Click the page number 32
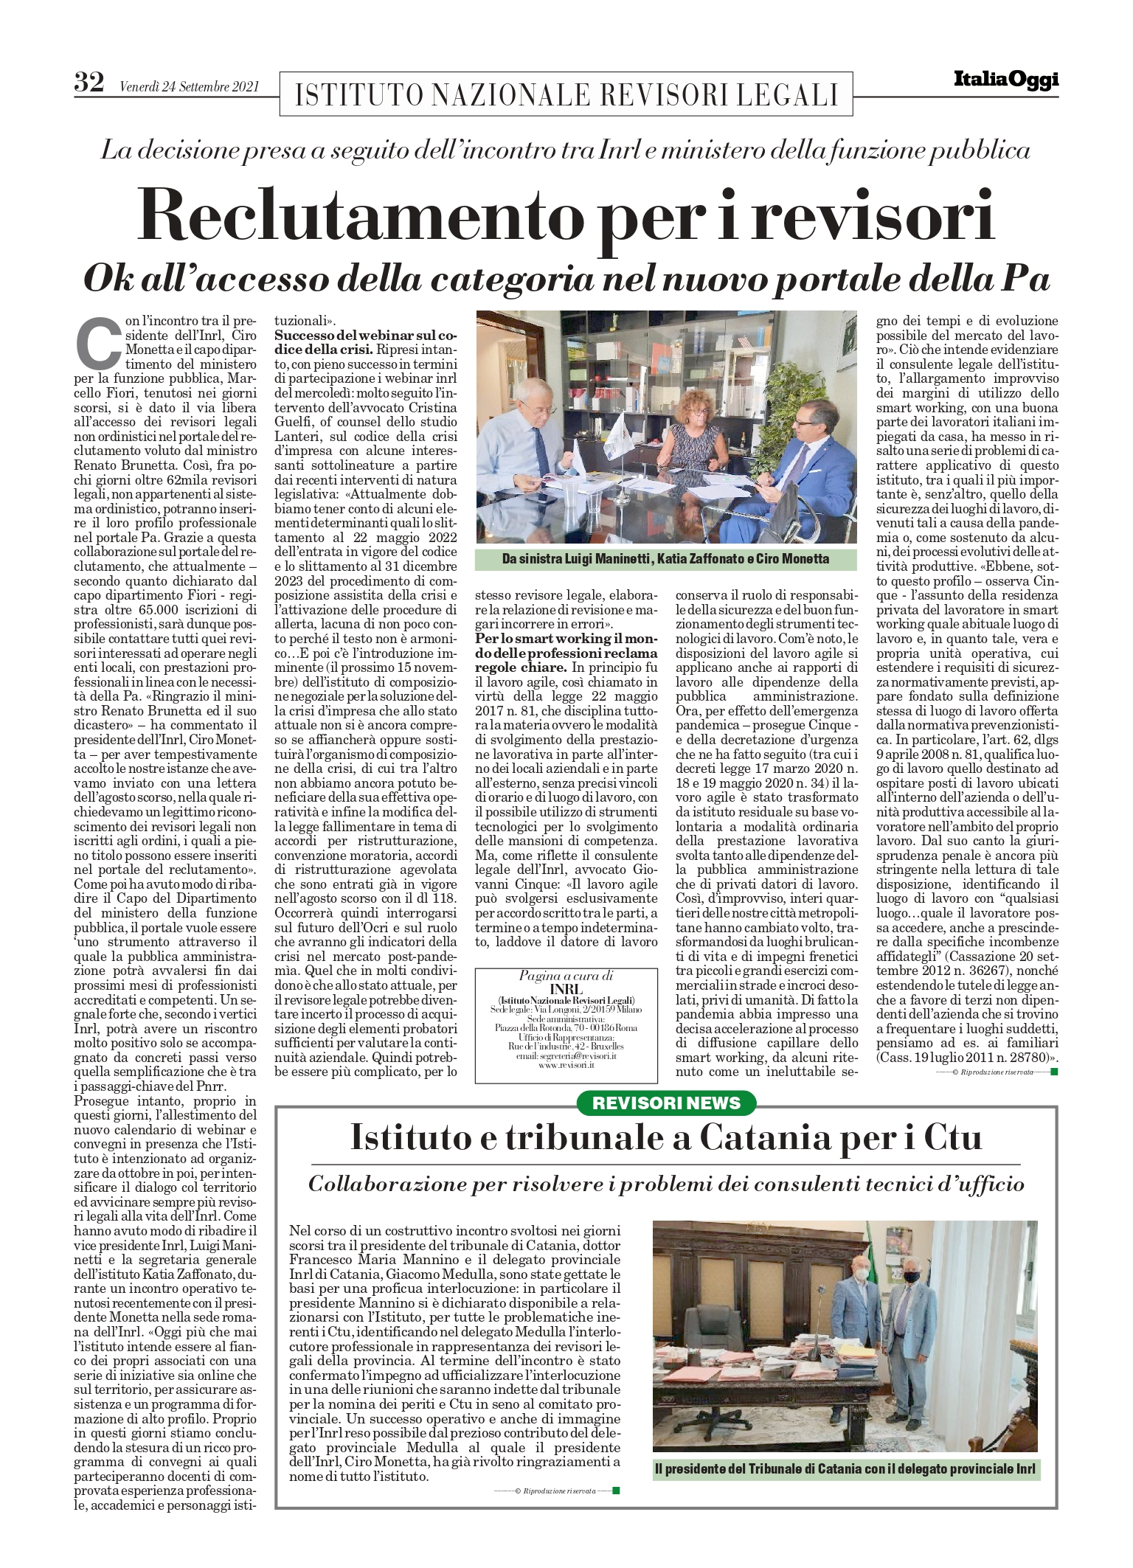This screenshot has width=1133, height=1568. [89, 82]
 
